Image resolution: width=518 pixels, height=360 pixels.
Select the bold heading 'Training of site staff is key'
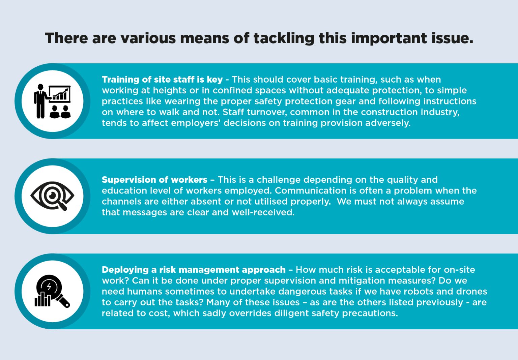[162, 80]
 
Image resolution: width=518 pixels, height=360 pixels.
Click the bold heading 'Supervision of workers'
[154, 180]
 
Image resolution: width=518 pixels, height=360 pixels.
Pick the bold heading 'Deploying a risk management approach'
[194, 270]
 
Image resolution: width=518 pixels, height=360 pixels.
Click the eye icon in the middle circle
[52, 196]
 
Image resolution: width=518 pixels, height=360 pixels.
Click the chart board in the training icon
[60, 94]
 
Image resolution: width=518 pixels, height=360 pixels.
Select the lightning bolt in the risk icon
[49, 286]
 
